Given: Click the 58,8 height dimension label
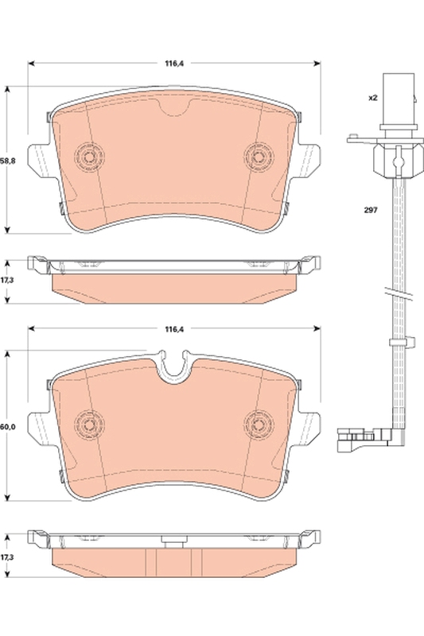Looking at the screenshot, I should click(7, 161).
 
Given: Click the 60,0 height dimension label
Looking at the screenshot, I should click(7, 427).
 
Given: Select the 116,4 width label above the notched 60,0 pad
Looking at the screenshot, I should click(174, 329).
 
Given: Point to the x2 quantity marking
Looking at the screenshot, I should click(371, 99).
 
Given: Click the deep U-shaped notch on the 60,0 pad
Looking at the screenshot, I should click(173, 367).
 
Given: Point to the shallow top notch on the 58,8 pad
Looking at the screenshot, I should click(173, 110).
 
